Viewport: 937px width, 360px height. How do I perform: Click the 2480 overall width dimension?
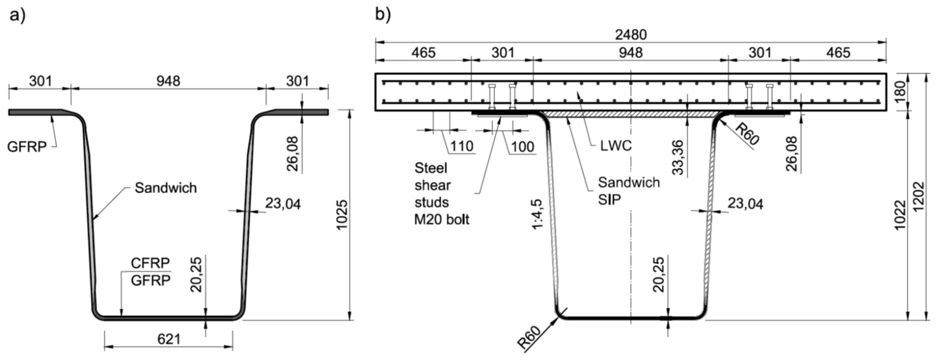coord(631,35)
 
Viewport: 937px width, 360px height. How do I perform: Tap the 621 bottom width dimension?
coord(169,339)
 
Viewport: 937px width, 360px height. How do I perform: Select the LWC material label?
coord(616,146)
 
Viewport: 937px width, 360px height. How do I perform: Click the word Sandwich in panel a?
coord(166,188)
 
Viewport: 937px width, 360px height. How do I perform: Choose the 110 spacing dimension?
coord(462,146)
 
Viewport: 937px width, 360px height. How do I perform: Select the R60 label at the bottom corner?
coord(529,338)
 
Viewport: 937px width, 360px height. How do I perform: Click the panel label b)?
coord(383,15)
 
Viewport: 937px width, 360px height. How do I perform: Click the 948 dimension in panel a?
coord(168,81)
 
